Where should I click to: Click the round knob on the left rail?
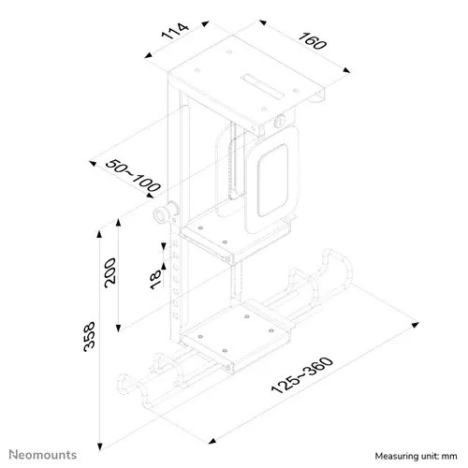click(165, 216)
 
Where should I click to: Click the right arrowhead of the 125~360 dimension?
click(415, 327)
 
